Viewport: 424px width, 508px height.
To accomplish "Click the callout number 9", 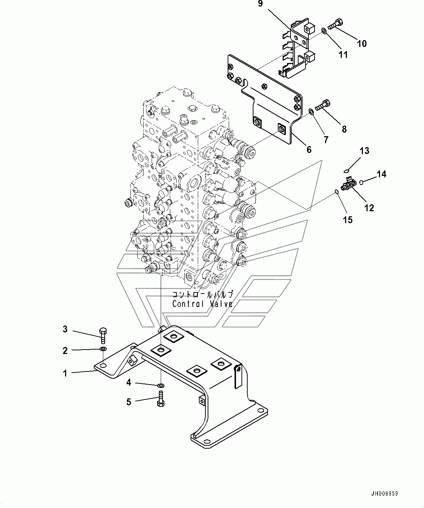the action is (260, 4).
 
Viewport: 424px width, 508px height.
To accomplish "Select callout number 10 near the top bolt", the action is (361, 44).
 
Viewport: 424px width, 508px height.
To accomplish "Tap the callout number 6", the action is (309, 149).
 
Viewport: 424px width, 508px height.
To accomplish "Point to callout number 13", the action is (364, 151).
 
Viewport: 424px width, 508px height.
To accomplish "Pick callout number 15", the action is (348, 220).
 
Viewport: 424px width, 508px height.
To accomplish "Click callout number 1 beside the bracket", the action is (65, 373).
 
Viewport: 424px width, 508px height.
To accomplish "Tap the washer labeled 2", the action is (103, 349).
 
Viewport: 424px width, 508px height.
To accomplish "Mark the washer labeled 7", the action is (311, 112).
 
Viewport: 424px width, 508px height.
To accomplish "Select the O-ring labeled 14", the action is (361, 182).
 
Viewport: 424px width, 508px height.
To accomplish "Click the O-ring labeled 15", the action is (337, 192).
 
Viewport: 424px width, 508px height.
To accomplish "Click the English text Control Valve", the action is (203, 304).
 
